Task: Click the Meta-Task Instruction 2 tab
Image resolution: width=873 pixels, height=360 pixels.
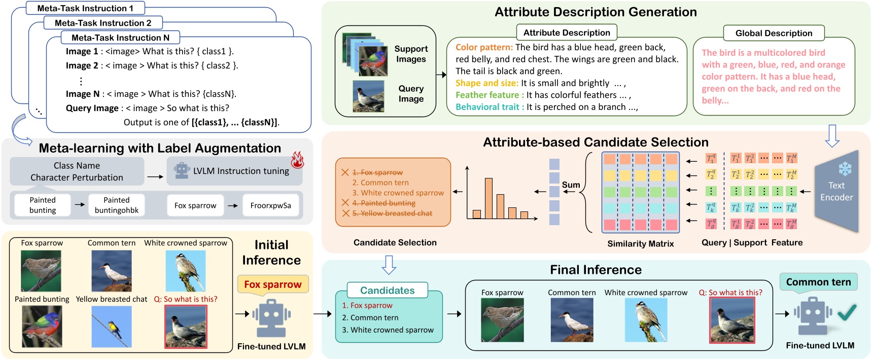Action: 103,23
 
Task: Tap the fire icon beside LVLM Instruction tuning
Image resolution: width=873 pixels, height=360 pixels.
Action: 297,160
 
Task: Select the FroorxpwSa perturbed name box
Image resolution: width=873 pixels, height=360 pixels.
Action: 270,205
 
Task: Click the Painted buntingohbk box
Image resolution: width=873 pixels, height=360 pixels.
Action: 117,205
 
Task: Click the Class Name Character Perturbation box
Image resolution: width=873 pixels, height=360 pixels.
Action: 77,171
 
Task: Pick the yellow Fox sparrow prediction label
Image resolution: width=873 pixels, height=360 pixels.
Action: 273,284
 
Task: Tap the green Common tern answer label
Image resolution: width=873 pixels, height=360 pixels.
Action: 818,282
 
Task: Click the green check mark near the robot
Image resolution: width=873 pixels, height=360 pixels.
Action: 847,313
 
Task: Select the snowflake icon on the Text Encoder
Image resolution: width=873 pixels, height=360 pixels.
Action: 845,169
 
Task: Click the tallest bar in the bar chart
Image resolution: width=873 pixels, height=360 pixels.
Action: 488,198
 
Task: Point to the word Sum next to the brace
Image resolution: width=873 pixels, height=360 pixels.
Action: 571,185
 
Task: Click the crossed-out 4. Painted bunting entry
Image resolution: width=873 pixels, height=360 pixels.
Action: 383,203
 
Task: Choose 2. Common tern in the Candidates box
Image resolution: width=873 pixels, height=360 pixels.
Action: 370,317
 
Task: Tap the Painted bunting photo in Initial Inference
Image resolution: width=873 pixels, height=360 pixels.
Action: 42,326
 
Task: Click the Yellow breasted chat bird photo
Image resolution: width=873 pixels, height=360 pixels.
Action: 111,326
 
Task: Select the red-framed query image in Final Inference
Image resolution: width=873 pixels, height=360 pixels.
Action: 731,320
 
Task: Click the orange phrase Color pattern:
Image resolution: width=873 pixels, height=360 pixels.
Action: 484,47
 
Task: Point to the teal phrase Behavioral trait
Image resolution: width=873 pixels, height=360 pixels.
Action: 490,107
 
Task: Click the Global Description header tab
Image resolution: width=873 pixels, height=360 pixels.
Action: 774,33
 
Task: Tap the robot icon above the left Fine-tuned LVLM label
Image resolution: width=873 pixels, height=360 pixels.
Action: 271,318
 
